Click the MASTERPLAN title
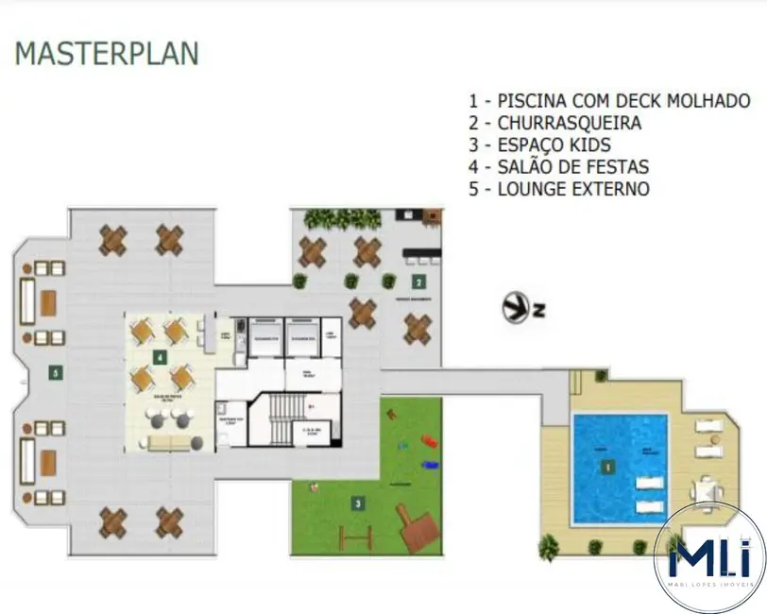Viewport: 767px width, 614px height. [x=107, y=53]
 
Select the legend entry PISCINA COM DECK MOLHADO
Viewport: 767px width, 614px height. [x=609, y=101]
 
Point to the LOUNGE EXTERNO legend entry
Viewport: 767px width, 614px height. [x=559, y=189]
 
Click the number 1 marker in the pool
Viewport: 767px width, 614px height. [x=609, y=466]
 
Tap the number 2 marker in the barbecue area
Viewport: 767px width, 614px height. [x=417, y=281]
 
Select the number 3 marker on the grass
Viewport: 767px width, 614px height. [x=357, y=503]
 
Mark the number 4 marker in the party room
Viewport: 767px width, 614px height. [x=161, y=357]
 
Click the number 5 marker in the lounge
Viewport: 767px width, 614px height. [x=56, y=373]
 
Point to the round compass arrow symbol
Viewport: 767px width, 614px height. [x=517, y=308]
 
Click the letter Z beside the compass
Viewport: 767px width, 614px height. [x=540, y=309]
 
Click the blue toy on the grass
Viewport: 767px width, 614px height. [x=430, y=464]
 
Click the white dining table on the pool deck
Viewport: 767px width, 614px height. [x=706, y=490]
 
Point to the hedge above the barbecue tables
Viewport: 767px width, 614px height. [x=342, y=219]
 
